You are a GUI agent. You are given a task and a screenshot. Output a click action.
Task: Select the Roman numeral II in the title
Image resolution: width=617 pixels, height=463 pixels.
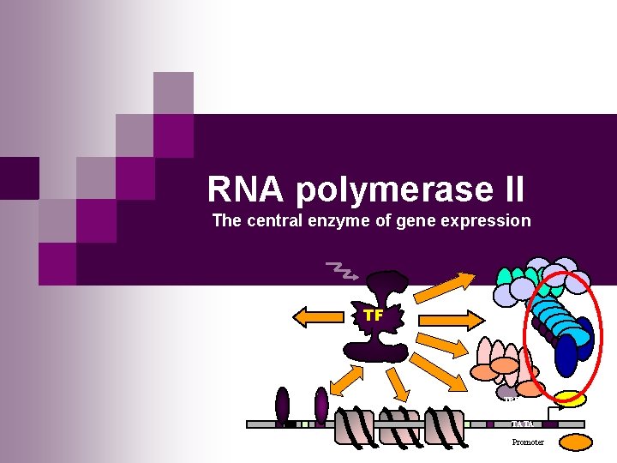coord(506,189)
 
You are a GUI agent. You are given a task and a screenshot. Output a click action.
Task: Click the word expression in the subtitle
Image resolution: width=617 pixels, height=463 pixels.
coord(491,220)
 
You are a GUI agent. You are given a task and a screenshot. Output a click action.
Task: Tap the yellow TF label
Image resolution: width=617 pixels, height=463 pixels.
coord(373,315)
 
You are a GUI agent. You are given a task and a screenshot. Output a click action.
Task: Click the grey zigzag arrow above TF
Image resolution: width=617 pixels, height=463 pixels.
coord(344,271)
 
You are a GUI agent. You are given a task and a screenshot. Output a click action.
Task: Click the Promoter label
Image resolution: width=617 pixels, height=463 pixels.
coord(528,442)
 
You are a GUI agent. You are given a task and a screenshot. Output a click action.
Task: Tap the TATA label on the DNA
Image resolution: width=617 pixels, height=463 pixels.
coord(522,424)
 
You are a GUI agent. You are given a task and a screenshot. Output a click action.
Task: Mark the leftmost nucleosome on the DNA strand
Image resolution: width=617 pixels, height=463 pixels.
coord(354,426)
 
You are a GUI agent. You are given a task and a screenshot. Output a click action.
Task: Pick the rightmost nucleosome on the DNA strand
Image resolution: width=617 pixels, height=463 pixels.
coord(446,426)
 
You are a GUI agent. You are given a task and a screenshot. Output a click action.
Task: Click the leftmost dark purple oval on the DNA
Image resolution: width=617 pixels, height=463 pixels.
coord(283,405)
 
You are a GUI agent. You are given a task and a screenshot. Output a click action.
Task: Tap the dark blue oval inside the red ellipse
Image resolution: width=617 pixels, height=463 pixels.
coord(566,355)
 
